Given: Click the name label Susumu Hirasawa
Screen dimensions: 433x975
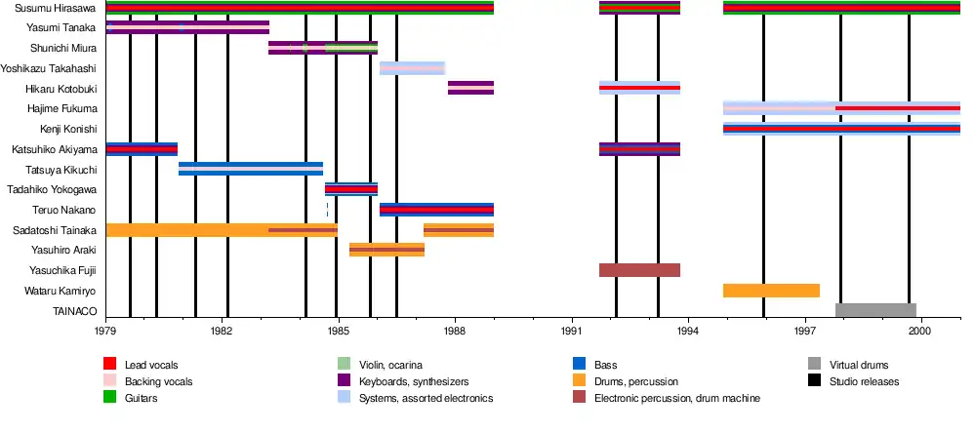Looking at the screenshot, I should pos(49,8).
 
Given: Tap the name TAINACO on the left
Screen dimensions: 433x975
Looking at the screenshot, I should pos(73,312).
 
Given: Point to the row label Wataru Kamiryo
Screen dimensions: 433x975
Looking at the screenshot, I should pos(62,292).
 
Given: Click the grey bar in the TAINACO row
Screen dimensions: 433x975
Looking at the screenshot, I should pos(875,311).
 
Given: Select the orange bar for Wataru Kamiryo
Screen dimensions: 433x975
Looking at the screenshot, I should pos(771,291).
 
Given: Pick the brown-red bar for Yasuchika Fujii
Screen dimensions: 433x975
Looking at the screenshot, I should pos(639,270).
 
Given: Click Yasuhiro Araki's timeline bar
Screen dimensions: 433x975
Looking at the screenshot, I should pos(386,250).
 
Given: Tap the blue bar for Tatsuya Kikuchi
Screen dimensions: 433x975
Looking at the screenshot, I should pos(251,169).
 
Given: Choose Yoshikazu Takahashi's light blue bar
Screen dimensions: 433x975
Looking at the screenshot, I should pos(412,68).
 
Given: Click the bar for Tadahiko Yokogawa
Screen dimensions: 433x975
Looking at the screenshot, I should pos(351,189).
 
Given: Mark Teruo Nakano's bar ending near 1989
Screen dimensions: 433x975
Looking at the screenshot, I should pos(436,210).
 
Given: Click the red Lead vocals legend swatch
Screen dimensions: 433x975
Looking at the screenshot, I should pos(110,365).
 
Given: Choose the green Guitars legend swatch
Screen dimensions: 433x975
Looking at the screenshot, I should pos(110,398).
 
